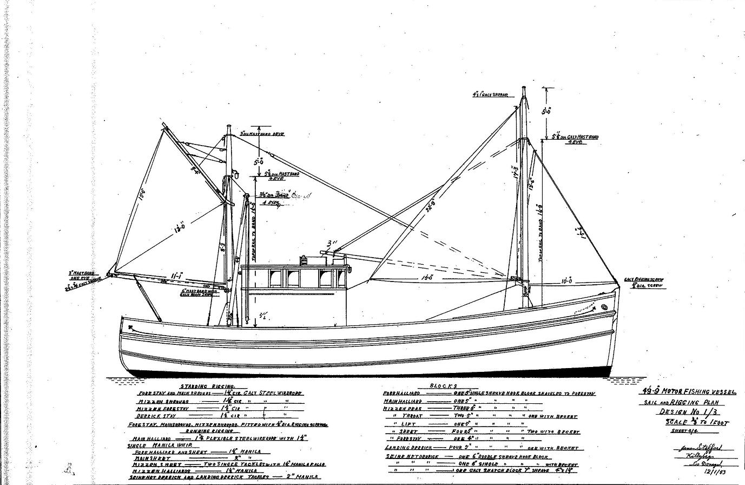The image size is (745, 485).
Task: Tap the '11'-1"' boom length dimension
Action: tap(176, 277)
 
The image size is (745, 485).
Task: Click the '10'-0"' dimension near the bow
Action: tap(566, 281)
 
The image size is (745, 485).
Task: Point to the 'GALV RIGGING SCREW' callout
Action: tap(643, 280)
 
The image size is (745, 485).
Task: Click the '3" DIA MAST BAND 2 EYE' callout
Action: tap(262, 133)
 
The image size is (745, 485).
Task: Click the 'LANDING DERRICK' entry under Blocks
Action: tap(408, 448)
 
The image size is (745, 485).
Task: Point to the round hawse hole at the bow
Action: tap(604, 307)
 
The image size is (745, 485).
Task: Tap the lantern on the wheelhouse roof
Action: tap(305, 260)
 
